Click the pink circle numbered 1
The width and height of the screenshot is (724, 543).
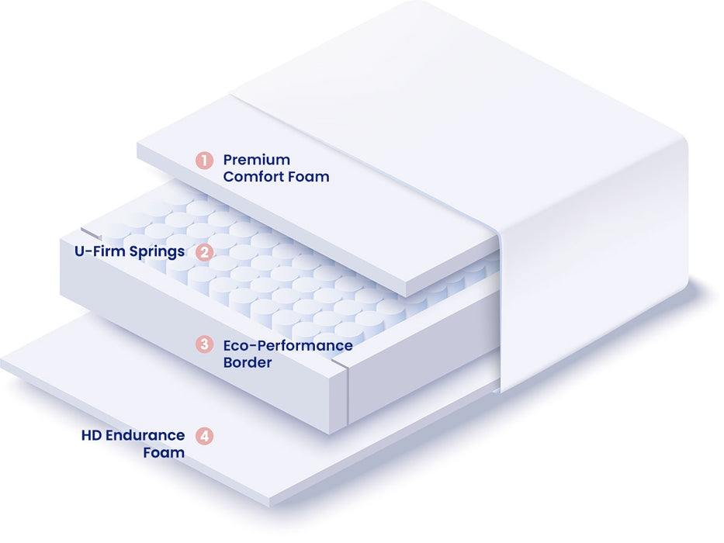204,161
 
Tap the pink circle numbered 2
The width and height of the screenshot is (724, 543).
204,253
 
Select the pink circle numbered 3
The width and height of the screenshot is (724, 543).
204,344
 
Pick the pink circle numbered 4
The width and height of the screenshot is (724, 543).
204,436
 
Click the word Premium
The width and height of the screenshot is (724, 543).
257,160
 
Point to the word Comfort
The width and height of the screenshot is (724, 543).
253,177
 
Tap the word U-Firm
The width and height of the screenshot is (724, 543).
100,251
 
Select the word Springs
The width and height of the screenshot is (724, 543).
157,252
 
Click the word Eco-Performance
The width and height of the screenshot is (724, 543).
288,345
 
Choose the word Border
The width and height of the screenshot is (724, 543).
248,362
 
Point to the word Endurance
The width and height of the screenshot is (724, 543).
145,435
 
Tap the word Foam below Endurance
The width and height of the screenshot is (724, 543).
164,452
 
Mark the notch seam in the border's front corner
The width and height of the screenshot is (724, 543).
340,363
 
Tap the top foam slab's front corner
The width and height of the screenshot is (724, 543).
405,296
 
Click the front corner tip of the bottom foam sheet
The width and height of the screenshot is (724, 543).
269,504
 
